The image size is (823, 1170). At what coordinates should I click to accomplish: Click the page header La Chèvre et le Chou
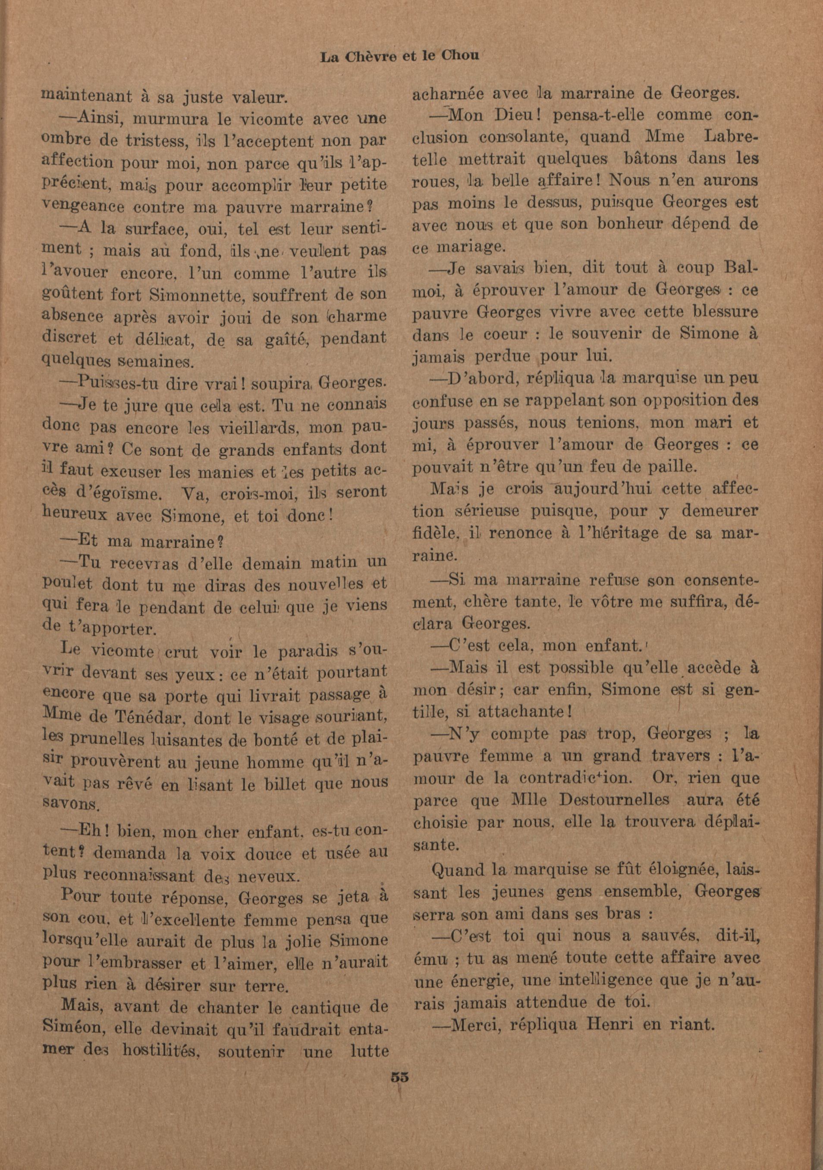[x=400, y=56]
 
